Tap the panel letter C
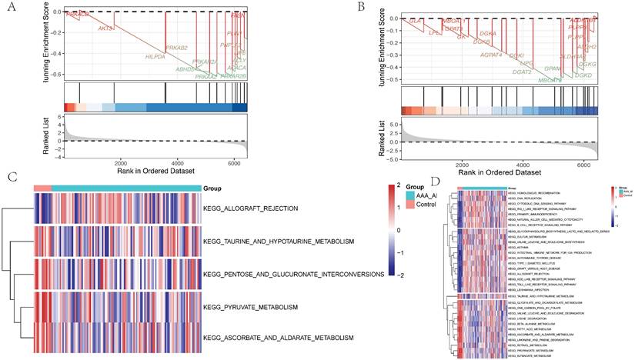pos(12,176)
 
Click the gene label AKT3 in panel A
pos(107,28)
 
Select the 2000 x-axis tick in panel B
pos(463,165)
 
